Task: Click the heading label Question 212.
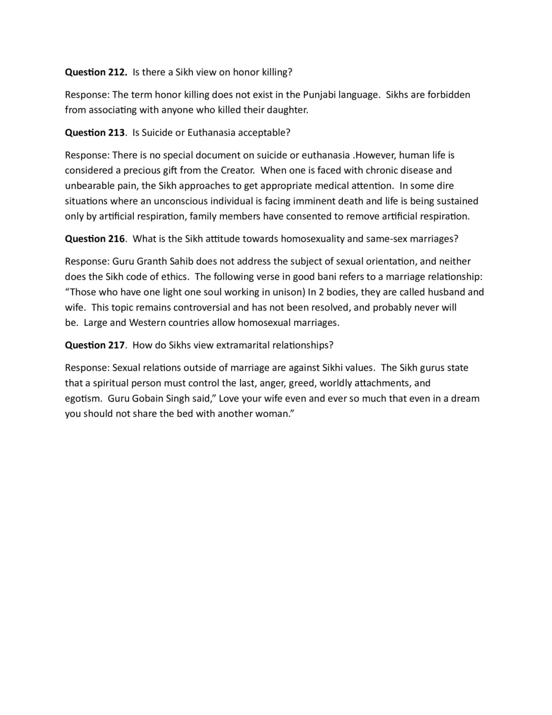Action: pyautogui.click(x=96, y=72)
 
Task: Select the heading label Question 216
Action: pyautogui.click(x=95, y=239)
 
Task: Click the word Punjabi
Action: pyautogui.click(x=320, y=95)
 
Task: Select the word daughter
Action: pyautogui.click(x=288, y=110)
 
